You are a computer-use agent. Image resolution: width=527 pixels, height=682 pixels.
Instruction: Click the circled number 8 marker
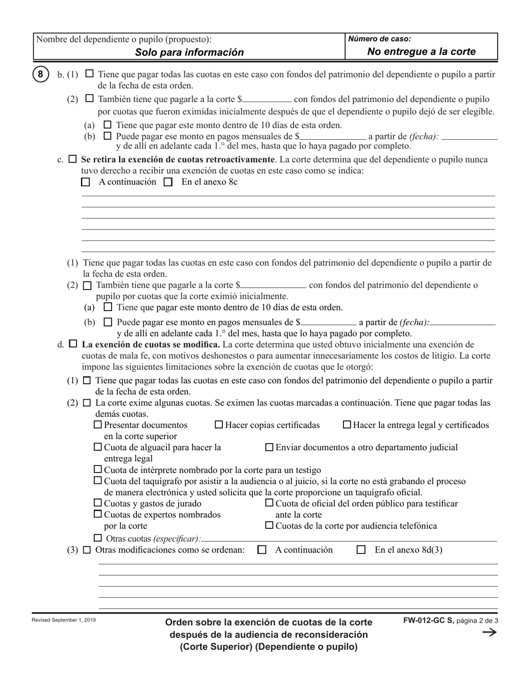point(40,74)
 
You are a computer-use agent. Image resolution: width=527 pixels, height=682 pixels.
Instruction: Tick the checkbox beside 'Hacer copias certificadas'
point(219,425)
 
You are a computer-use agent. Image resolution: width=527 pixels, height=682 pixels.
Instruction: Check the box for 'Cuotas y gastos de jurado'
point(98,503)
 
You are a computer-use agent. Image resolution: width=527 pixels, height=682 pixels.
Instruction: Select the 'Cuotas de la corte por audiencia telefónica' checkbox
point(270,525)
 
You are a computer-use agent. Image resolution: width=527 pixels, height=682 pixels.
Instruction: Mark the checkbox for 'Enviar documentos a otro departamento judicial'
point(270,447)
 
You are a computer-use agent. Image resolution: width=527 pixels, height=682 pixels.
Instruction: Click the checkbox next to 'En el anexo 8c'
point(169,182)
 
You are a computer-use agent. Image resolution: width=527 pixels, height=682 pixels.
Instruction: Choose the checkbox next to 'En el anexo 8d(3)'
point(361,550)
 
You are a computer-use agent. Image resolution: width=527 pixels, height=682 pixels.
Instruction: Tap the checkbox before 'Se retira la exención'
point(73,159)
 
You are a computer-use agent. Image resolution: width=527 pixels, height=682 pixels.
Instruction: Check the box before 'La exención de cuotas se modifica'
point(73,344)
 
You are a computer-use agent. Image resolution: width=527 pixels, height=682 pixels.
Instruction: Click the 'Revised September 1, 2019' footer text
point(63,620)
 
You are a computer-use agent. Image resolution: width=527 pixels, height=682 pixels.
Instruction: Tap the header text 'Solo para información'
point(189,53)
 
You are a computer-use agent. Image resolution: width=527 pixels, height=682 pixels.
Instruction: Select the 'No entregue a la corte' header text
point(422,52)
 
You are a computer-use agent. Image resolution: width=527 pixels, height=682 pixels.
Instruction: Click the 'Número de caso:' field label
point(380,39)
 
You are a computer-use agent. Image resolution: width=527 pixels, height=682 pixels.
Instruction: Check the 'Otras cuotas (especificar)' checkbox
point(98,538)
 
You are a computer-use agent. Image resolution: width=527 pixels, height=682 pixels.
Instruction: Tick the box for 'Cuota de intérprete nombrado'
point(98,470)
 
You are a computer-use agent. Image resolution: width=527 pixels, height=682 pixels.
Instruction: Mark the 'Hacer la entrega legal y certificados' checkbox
point(347,425)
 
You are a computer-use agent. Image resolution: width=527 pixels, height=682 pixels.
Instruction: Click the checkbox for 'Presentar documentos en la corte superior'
point(98,425)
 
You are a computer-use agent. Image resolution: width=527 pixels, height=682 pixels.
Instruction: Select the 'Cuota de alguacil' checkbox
point(98,447)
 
